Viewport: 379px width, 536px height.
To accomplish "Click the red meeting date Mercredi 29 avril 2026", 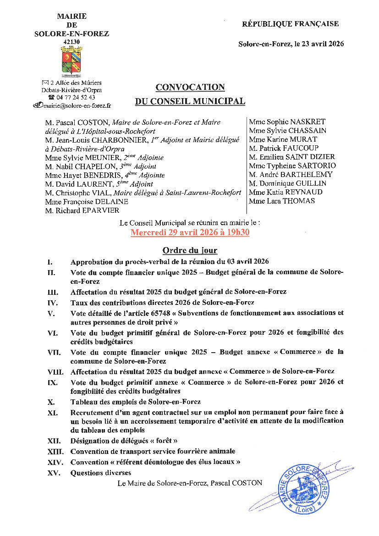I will [x=190, y=232].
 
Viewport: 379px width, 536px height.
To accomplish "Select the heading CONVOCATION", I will [x=190, y=87].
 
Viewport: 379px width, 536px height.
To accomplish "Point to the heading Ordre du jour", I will [x=190, y=250].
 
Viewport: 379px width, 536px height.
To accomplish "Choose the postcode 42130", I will [x=71, y=42].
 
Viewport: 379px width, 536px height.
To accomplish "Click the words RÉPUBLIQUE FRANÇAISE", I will [x=291, y=24].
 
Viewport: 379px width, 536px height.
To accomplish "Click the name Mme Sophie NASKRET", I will [x=287, y=122].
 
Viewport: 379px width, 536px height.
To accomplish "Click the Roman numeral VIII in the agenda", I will [x=54, y=371].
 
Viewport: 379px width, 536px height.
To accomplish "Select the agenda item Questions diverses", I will [x=101, y=473].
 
